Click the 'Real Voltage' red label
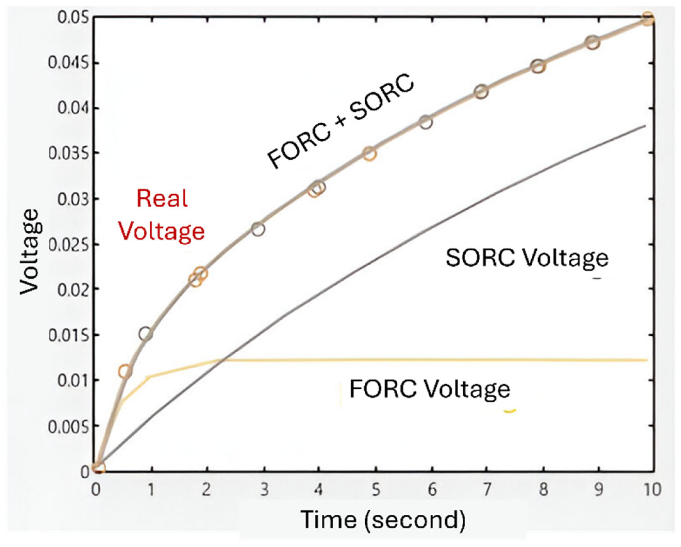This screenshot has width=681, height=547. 161,215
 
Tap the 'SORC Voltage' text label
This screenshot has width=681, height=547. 527,258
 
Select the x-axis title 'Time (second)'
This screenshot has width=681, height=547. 383,520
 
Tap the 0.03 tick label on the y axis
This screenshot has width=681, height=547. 70,199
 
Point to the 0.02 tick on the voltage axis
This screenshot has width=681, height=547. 70,289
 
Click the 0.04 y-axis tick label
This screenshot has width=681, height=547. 70,108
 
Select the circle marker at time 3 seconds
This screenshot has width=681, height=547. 258,229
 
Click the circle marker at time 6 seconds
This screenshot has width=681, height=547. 426,122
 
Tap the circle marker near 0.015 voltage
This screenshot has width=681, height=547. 145,334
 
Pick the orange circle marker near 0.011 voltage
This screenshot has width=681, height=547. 125,371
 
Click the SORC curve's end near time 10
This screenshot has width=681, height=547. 645,126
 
